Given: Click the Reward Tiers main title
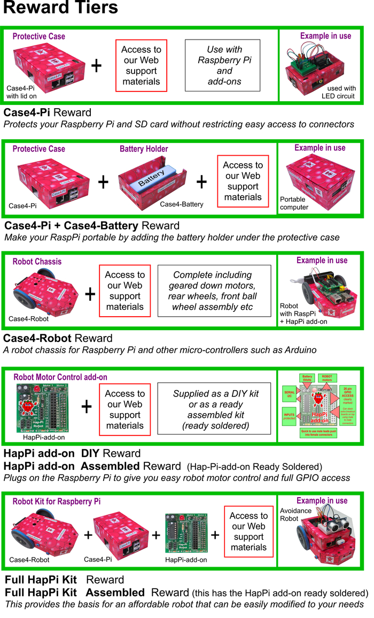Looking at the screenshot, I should [60, 9].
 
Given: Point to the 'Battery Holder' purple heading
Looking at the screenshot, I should [144, 149].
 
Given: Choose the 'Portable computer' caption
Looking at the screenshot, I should [294, 203].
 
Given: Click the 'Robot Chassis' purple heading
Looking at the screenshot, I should [37, 262].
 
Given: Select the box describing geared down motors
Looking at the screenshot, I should [214, 291].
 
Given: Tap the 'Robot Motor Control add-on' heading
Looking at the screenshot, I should [60, 377].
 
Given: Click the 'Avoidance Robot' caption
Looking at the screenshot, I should [296, 515].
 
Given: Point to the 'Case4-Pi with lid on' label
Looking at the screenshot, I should [20, 92].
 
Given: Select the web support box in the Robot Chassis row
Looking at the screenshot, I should [125, 291].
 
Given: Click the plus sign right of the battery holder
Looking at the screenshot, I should [201, 182].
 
